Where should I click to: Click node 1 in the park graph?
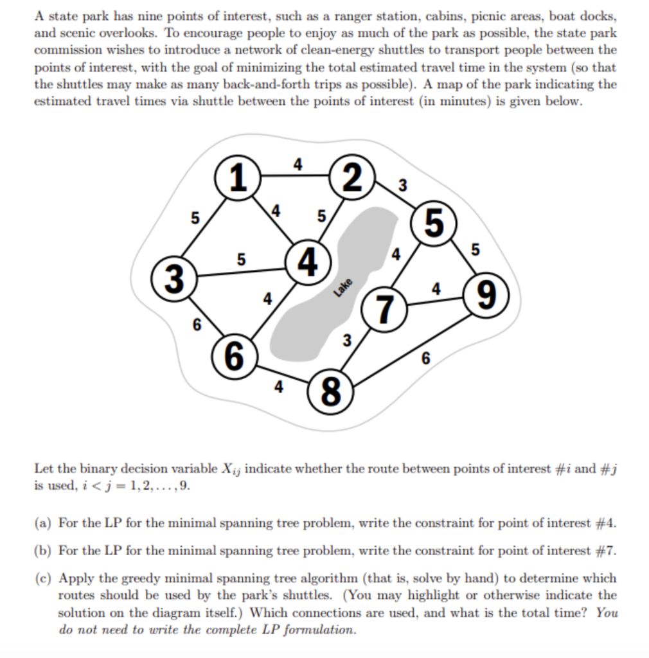(238, 178)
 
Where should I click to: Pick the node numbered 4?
(309, 262)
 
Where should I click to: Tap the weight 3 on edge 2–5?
(402, 187)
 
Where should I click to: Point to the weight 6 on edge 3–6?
(196, 325)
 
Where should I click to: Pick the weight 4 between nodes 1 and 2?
(296, 163)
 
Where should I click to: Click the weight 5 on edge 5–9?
(475, 251)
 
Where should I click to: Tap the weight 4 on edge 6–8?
(278, 387)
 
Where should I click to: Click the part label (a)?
(43, 522)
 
